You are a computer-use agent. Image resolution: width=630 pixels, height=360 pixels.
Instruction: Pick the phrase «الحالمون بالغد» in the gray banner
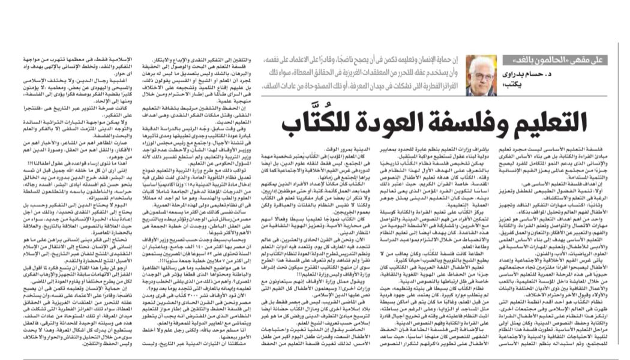(529, 61)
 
